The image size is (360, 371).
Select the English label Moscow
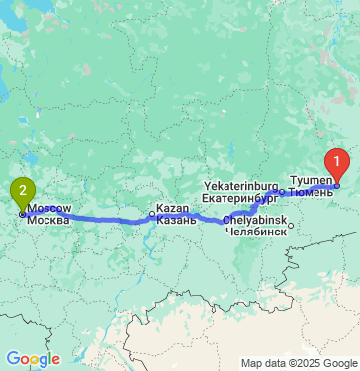[48, 209]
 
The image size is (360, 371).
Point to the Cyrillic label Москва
[48, 220]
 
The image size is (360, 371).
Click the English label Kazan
[172, 209]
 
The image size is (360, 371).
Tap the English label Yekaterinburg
[243, 185]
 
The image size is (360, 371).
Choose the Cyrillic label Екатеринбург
[243, 196]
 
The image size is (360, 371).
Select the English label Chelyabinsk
[254, 219]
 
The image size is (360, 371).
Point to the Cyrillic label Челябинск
[256, 230]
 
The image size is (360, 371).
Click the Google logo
[33, 358]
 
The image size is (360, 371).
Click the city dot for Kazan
[152, 213]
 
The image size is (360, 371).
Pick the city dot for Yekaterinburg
[282, 191]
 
